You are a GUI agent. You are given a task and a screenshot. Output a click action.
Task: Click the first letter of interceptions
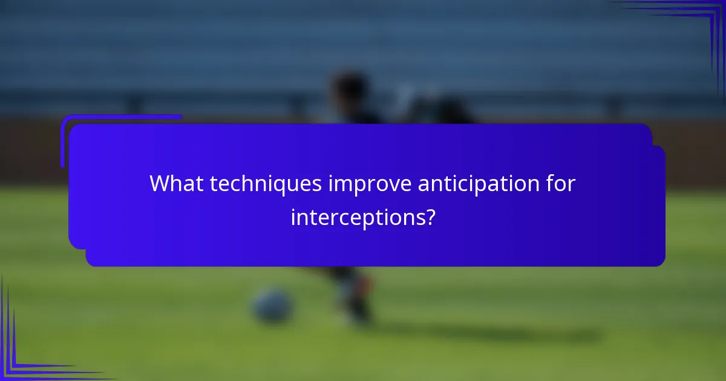pos(293,217)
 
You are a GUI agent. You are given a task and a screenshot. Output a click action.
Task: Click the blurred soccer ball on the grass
pos(273,305)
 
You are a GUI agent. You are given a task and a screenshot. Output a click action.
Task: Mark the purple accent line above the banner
pos(121,117)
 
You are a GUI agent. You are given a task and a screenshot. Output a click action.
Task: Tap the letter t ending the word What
pos(200,184)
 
